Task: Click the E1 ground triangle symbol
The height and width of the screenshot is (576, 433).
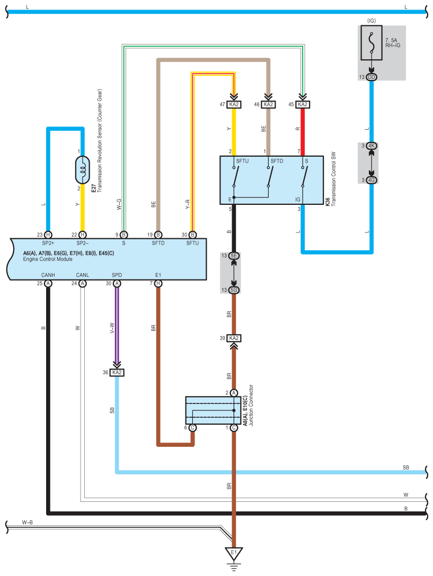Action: point(234,553)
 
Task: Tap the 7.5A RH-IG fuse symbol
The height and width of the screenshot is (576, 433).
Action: point(371,42)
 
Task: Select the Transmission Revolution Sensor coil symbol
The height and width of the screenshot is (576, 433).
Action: point(82,170)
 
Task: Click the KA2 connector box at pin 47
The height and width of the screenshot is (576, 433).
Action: point(234,105)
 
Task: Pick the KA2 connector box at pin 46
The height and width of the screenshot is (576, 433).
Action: point(268,105)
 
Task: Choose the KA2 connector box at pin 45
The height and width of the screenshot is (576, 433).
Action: point(303,105)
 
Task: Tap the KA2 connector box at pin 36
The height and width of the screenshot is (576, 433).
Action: point(117,373)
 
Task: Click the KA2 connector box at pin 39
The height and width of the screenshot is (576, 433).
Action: point(234,338)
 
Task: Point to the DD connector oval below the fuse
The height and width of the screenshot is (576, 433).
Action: point(371,77)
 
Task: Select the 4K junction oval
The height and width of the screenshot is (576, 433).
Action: point(371,146)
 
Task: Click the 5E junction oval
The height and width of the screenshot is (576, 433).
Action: point(234,256)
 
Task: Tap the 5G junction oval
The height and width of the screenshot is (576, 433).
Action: point(234,290)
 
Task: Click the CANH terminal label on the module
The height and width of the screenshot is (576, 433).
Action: point(48,275)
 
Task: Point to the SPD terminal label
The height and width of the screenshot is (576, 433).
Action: point(117,275)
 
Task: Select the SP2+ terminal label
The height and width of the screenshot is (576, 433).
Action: point(48,243)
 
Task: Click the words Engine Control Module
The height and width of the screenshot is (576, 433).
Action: point(48,259)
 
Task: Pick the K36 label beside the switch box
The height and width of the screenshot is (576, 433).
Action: point(328,201)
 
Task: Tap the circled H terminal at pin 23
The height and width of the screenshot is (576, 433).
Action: point(48,235)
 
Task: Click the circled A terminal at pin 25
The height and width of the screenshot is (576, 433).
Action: point(48,284)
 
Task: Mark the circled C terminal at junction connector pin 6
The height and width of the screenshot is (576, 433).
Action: point(192,428)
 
